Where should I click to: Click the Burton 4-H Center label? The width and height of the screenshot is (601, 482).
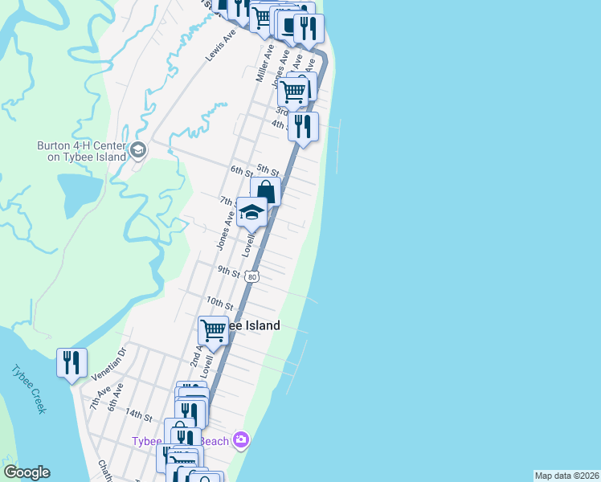click(81, 151)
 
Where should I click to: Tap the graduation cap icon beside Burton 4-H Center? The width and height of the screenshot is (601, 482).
click(138, 150)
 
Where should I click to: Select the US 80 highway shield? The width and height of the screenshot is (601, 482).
click(253, 276)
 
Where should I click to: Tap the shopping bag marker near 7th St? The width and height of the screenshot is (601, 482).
click(265, 192)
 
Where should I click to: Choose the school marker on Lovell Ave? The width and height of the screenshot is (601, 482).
click(251, 213)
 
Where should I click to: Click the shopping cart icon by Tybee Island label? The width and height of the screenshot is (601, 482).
click(213, 329)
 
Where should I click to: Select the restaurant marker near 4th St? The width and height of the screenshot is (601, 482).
click(303, 127)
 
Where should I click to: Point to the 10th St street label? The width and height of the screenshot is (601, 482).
click(219, 304)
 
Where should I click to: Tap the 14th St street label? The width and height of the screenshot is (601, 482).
click(138, 415)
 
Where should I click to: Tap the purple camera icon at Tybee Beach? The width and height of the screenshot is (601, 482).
click(240, 439)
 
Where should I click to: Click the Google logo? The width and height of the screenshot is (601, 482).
click(27, 472)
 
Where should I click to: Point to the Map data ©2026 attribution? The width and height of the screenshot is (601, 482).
click(566, 476)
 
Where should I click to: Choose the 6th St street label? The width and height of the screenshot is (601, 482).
click(241, 170)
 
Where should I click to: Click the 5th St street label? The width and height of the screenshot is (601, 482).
click(268, 170)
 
